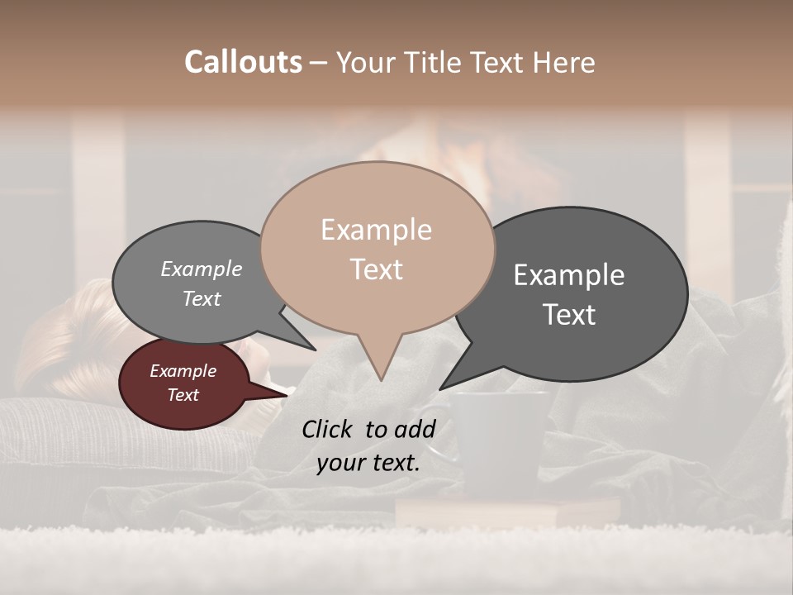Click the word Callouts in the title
pyautogui.click(x=243, y=62)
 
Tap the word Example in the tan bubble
pyautogui.click(x=376, y=230)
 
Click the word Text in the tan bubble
pyautogui.click(x=376, y=269)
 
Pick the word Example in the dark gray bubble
pyautogui.click(x=569, y=275)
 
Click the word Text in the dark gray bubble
pyautogui.click(x=569, y=315)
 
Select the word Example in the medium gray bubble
pyautogui.click(x=201, y=269)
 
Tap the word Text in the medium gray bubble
pyautogui.click(x=201, y=298)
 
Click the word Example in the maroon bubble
pyautogui.click(x=183, y=371)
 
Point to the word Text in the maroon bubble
pyautogui.click(x=183, y=395)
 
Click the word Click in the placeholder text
pyautogui.click(x=330, y=429)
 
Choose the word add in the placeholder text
pyautogui.click(x=414, y=429)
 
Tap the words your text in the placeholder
pyautogui.click(x=368, y=463)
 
